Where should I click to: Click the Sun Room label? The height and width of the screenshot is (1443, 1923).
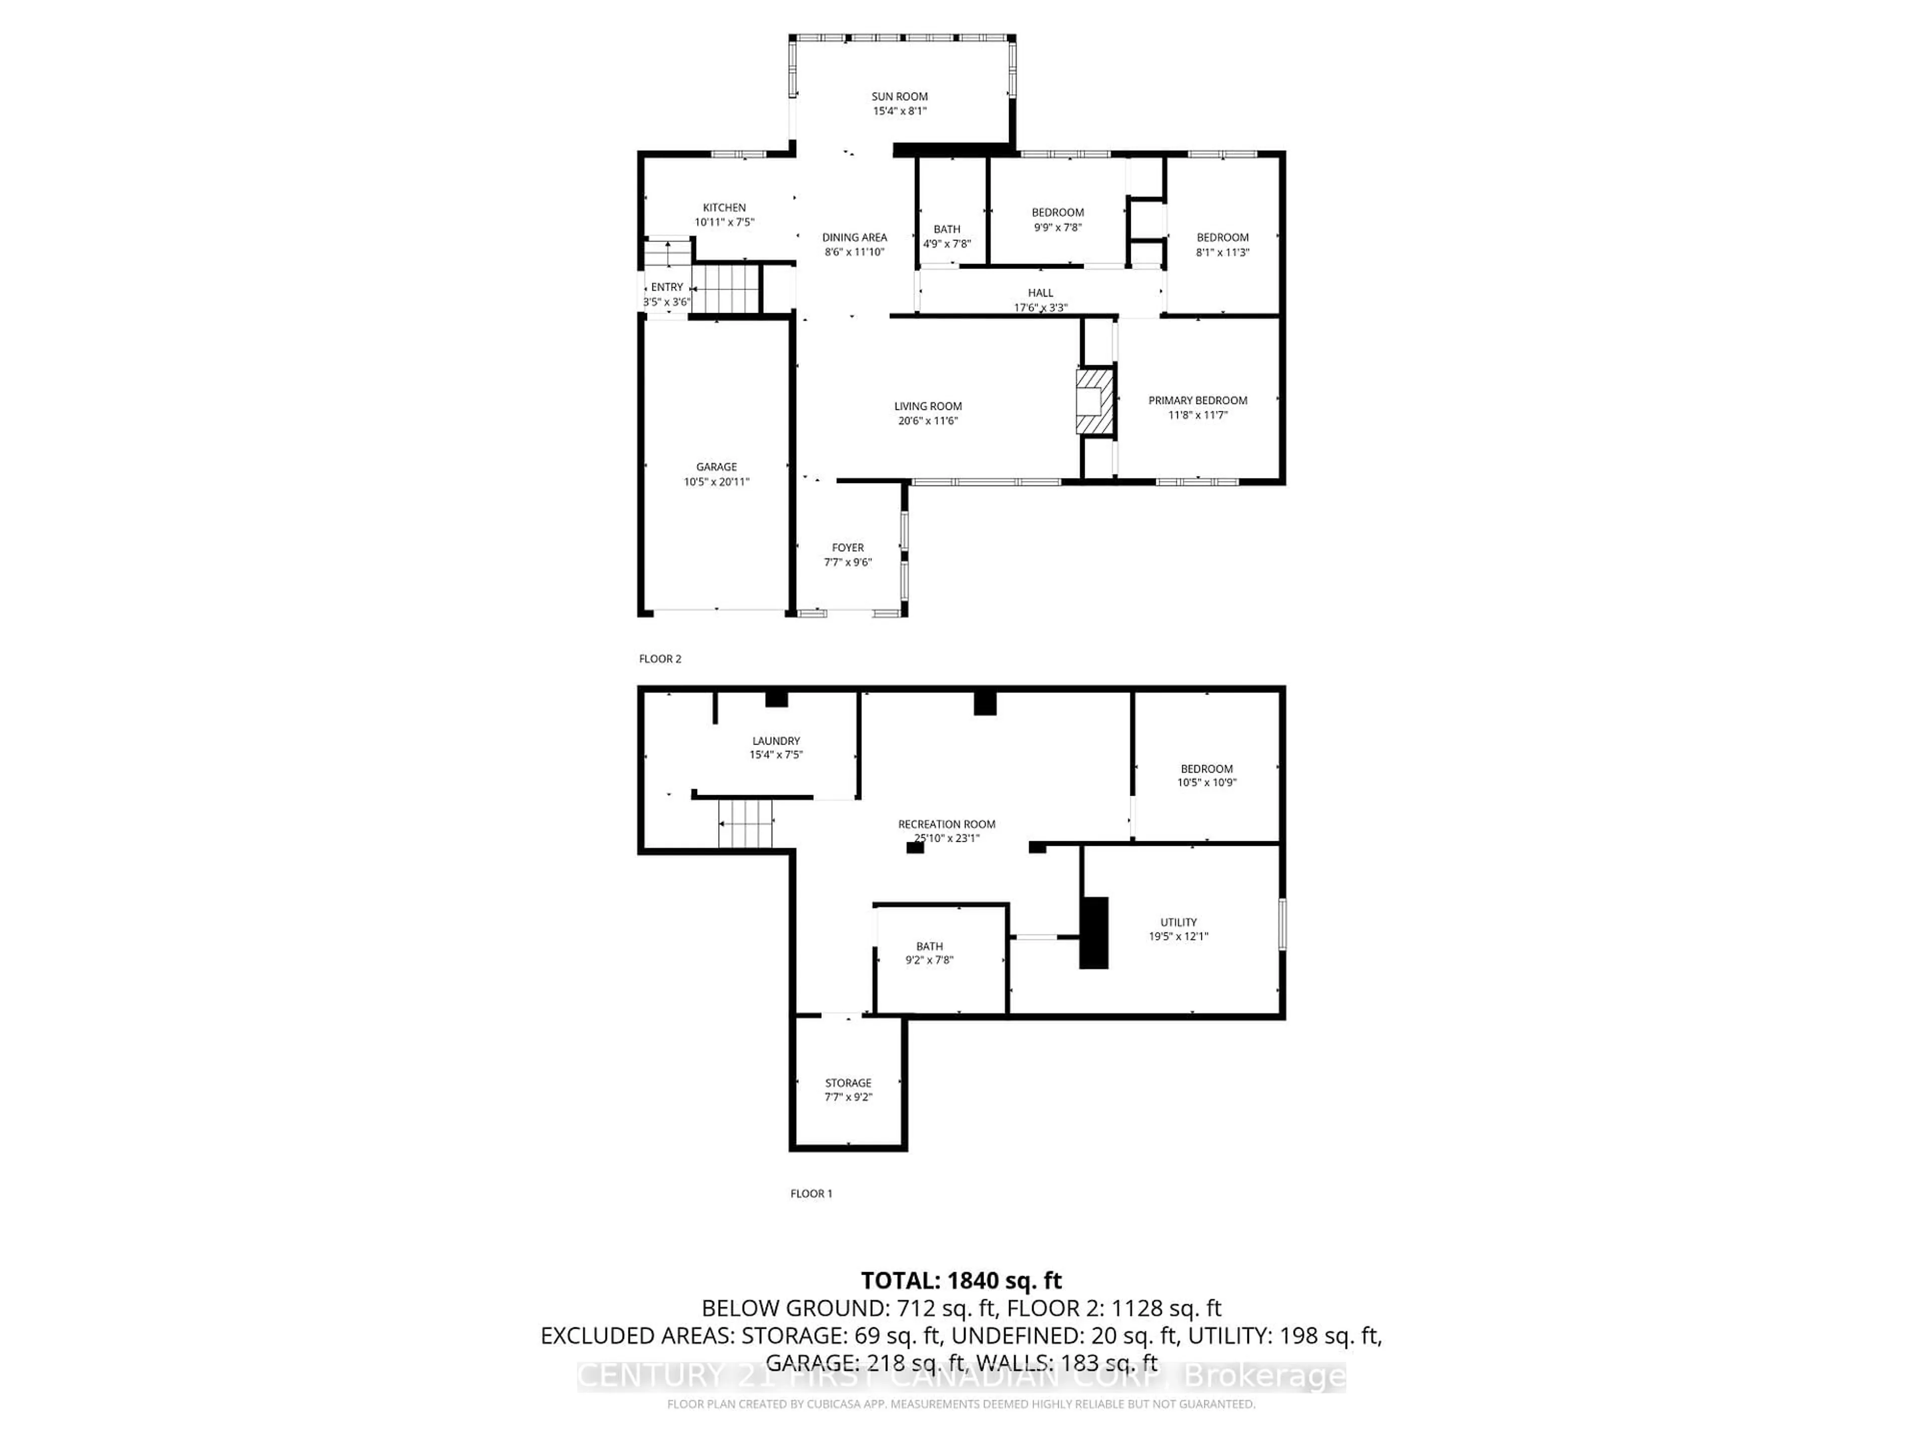click(900, 97)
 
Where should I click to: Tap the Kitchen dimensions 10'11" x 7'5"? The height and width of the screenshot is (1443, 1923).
click(724, 222)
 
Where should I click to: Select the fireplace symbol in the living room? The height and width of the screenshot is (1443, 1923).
click(1095, 402)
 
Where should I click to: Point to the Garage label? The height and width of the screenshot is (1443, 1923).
click(716, 467)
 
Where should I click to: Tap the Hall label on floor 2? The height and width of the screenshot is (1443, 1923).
click(1040, 293)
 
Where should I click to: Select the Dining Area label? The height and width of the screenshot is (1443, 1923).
click(854, 237)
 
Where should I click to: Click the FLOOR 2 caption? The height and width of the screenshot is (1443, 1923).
click(660, 658)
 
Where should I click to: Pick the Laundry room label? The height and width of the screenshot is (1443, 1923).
click(775, 741)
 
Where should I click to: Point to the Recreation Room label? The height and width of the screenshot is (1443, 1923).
click(946, 824)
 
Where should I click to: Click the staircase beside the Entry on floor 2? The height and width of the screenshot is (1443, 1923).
click(726, 289)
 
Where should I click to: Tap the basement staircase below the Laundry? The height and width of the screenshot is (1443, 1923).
click(745, 824)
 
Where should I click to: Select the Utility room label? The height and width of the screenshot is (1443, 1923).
click(1178, 922)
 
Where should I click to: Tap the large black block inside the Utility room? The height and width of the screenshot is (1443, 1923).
click(1094, 932)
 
